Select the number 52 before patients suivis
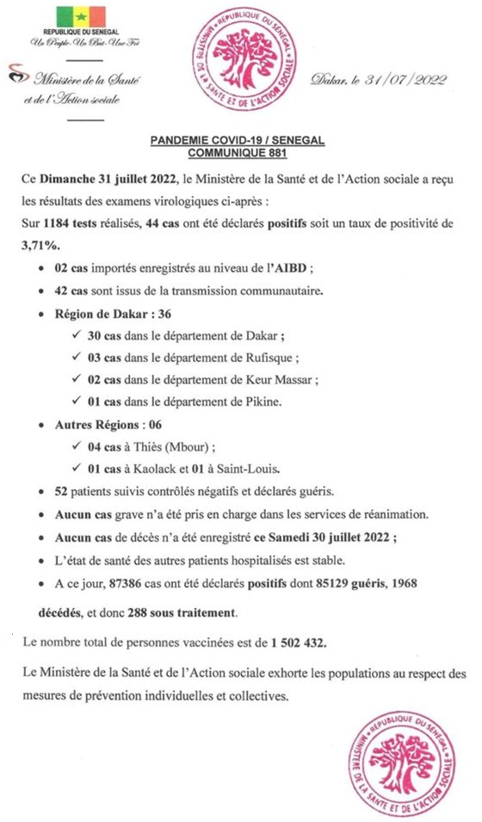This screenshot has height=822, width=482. click(x=61, y=492)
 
